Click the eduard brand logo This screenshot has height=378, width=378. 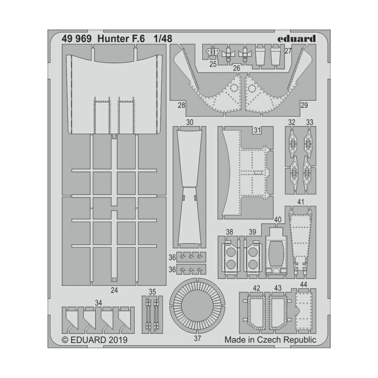coord(296,39)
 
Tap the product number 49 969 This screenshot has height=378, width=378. coord(77,39)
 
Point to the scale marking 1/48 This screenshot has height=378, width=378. coord(163,39)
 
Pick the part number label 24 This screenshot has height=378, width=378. coord(114,290)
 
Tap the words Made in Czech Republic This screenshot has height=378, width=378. coord(270,340)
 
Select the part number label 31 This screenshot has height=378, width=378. coord(257,130)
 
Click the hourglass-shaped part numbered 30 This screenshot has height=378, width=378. coord(190,187)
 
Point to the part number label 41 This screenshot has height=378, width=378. coord(301,202)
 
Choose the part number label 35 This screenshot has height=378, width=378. coord(153,291)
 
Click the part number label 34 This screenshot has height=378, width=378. coord(98,303)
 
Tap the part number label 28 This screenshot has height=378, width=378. coord(181,105)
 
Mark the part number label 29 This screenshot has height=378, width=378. coord(304,105)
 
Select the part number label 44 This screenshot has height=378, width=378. coord(303,285)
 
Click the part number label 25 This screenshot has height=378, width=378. coord(213,64)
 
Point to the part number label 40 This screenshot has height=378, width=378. coord(278,220)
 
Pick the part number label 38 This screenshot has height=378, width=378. coord(230,232)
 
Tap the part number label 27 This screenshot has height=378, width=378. coord(288,51)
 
